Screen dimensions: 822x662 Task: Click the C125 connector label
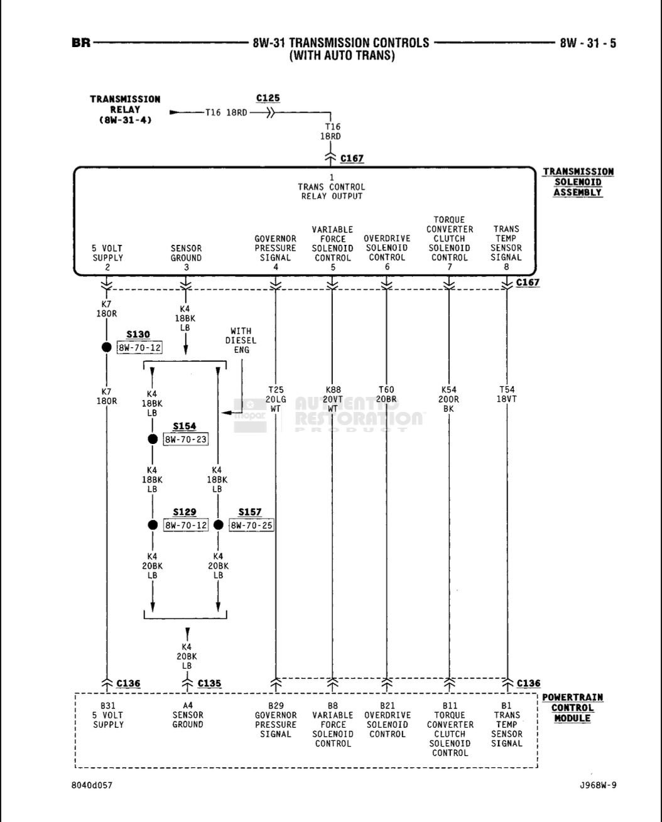coord(268,99)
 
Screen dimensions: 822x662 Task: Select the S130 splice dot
coord(107,347)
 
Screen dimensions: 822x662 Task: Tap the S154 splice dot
coord(152,439)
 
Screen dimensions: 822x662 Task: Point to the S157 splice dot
coord(219,525)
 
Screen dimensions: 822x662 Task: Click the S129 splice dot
coord(152,525)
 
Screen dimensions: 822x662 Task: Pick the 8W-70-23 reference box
coord(185,440)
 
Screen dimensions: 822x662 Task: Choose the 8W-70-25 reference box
coord(251,525)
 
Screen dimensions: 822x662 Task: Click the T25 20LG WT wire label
coord(275,399)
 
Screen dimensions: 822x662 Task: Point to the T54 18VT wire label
coord(506,394)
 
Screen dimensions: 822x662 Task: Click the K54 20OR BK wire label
coord(449,399)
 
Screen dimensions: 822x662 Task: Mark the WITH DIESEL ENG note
coord(241,340)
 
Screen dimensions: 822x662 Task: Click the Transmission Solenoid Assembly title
coord(578,182)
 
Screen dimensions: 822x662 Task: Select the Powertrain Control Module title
coord(572,708)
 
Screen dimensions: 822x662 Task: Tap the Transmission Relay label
coord(125,109)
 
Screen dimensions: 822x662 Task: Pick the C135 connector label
coord(210,683)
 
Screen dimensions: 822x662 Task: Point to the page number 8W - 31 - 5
coord(588,43)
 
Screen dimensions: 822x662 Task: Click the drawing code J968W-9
coord(598,785)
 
